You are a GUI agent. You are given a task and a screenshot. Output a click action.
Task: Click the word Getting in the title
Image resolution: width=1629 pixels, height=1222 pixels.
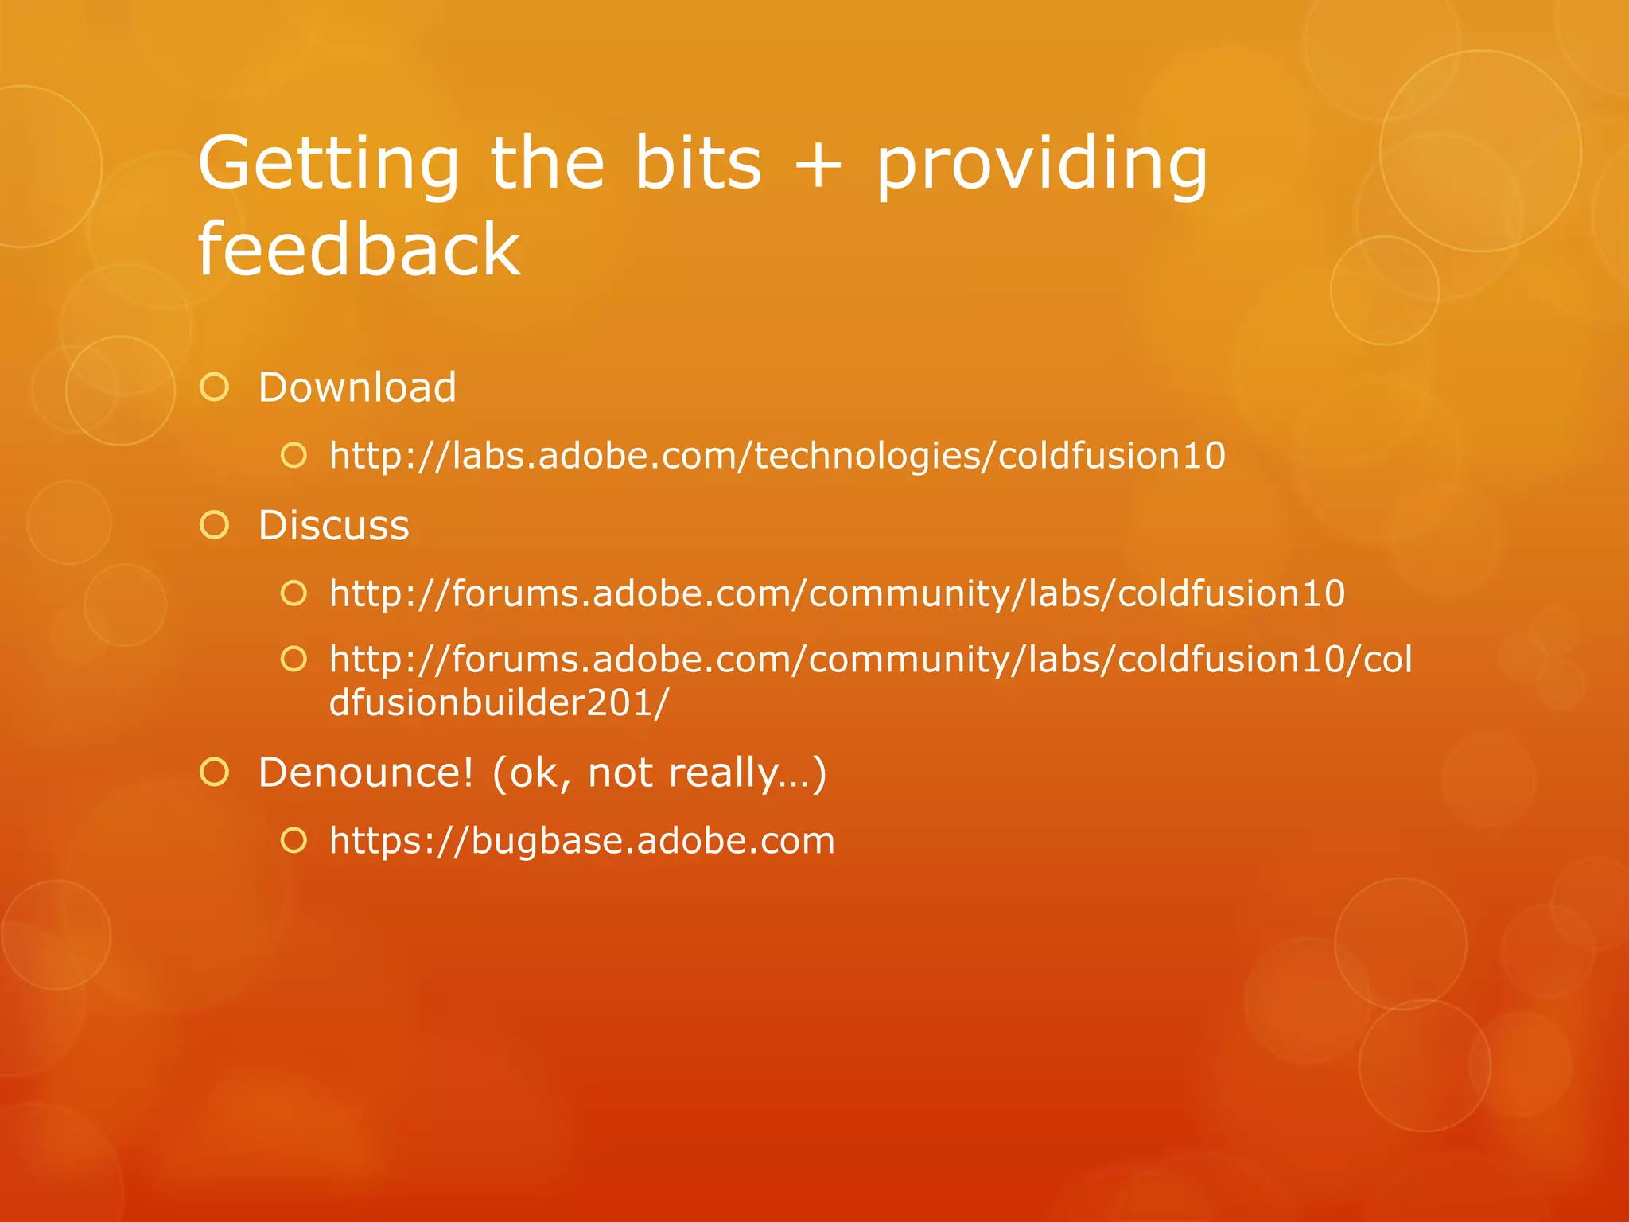(329, 163)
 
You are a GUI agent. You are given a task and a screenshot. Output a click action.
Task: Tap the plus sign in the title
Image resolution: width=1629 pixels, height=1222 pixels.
(818, 165)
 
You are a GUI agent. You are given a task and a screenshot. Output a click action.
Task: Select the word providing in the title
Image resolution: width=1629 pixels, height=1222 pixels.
(1041, 165)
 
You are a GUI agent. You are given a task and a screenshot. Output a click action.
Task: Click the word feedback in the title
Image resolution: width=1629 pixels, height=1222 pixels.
(359, 250)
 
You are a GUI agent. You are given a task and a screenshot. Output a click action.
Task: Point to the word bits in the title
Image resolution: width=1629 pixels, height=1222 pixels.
(698, 163)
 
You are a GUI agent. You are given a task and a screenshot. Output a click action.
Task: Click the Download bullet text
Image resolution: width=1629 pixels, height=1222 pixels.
(357, 387)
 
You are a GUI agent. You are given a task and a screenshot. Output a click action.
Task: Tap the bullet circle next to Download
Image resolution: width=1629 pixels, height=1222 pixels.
(215, 387)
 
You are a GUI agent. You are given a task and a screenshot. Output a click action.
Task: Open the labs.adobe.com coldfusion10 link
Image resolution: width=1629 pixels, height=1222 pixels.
(777, 456)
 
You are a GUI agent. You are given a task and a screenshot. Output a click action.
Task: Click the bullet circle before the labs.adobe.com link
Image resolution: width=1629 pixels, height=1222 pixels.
(294, 456)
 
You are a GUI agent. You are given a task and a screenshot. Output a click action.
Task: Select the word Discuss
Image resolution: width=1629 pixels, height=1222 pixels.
(333, 526)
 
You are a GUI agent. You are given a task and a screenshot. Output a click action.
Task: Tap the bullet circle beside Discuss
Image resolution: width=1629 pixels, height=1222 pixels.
(215, 526)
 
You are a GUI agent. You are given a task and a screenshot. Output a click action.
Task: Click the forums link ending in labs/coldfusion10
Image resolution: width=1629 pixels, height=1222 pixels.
(837, 593)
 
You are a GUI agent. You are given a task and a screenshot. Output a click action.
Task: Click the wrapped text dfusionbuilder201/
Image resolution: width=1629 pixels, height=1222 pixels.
(499, 703)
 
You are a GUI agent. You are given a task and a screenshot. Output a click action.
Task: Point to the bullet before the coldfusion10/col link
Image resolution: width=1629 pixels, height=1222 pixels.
(294, 659)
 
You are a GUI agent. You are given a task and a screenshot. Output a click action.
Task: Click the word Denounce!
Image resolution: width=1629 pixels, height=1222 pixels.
(366, 773)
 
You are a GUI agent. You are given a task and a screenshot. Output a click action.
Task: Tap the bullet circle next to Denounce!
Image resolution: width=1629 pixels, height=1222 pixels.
(215, 773)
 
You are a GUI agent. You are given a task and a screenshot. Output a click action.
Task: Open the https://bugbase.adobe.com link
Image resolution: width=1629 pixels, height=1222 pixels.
(581, 841)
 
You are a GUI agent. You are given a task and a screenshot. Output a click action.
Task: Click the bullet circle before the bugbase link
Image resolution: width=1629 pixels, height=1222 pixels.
(294, 841)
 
